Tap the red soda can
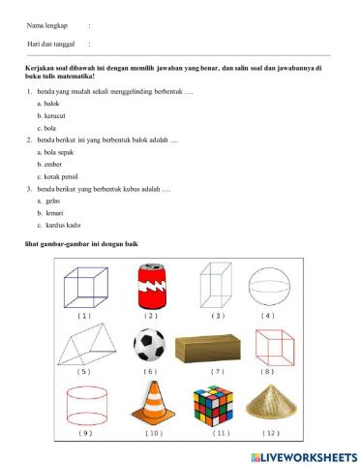pos(150,288)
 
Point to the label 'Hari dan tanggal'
pos(51,45)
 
